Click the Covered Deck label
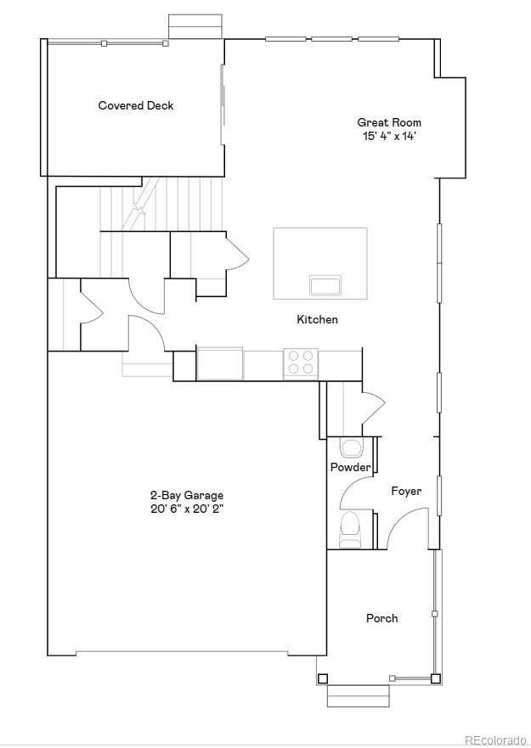136,105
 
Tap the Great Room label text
388,122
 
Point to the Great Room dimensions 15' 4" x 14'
388,136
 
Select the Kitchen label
317,319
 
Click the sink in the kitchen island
325,284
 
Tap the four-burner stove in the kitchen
300,363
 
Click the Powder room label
350,467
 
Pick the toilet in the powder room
350,529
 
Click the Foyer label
406,491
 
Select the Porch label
381,618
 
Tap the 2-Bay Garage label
187,495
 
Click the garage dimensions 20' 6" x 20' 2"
187,509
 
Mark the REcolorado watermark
494,740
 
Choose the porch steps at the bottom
358,695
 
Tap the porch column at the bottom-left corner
322,678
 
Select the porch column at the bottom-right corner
435,678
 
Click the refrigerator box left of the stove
219,363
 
